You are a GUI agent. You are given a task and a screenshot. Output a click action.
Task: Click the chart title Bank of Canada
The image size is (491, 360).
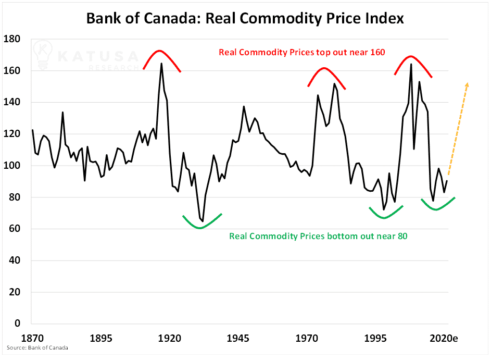245,19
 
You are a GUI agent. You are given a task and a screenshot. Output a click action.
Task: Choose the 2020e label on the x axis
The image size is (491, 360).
443,338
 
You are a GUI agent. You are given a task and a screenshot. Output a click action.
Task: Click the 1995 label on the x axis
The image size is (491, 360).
375,338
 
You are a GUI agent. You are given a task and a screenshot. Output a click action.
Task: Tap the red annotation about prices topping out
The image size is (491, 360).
301,53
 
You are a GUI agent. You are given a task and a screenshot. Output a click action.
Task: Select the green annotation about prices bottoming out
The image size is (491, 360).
318,236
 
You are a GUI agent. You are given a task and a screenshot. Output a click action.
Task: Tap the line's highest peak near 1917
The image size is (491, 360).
161,64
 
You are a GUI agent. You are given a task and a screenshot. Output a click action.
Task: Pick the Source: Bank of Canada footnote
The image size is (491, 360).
37,347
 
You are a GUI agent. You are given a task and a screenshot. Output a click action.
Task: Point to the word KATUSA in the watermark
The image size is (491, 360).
98,56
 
